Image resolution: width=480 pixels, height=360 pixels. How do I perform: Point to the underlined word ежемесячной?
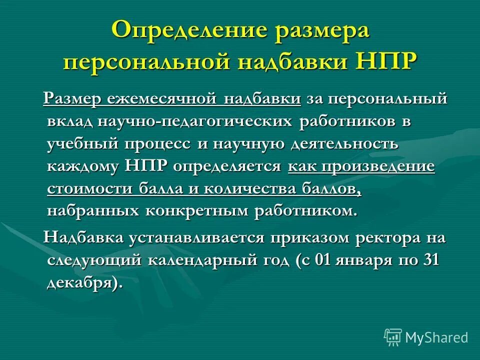click(162, 99)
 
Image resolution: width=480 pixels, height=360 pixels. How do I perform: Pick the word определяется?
click(227, 166)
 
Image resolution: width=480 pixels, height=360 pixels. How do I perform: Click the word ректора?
click(384, 237)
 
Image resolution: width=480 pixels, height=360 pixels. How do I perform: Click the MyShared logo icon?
click(393, 337)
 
